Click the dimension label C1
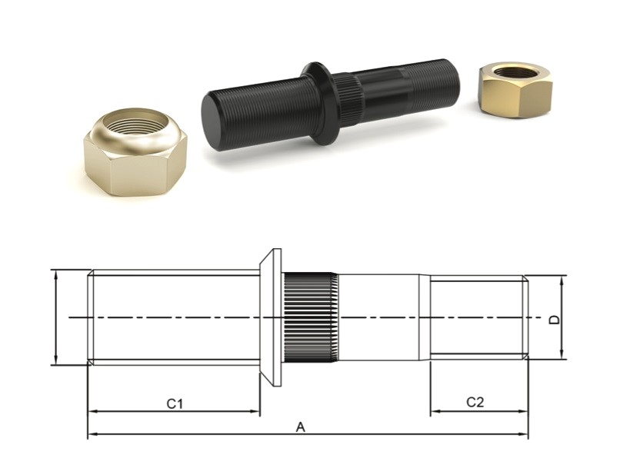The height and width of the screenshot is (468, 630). (x=175, y=403)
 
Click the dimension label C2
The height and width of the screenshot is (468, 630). (x=475, y=402)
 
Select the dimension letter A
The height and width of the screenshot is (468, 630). (x=301, y=427)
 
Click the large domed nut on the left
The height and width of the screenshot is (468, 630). (x=135, y=151)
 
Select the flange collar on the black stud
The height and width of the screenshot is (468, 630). (x=318, y=104)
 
